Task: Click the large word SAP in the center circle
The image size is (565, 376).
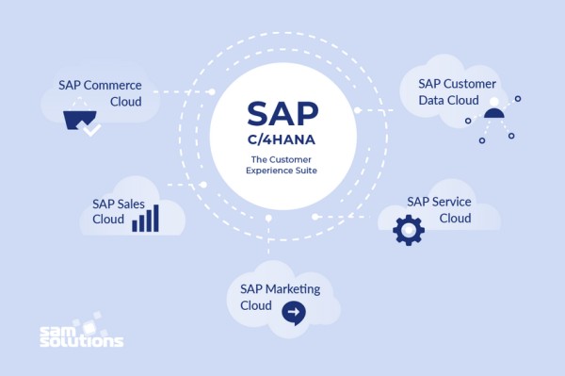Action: coord(282,114)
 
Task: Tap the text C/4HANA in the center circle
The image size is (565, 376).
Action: coord(282,142)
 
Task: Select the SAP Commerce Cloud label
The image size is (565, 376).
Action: coord(100,92)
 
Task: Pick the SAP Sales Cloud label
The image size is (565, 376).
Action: coord(119,211)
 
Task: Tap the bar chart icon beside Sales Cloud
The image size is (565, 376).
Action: coord(145,220)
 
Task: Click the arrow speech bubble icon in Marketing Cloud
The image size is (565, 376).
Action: coord(294,312)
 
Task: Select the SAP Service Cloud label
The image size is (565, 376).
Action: coord(439,209)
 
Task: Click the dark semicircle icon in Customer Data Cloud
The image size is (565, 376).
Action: coord(494,114)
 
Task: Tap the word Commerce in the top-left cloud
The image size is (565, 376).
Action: coord(113,85)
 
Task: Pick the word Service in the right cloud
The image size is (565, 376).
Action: coord(451,201)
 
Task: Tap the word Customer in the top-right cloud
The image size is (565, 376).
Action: coord(472,84)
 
